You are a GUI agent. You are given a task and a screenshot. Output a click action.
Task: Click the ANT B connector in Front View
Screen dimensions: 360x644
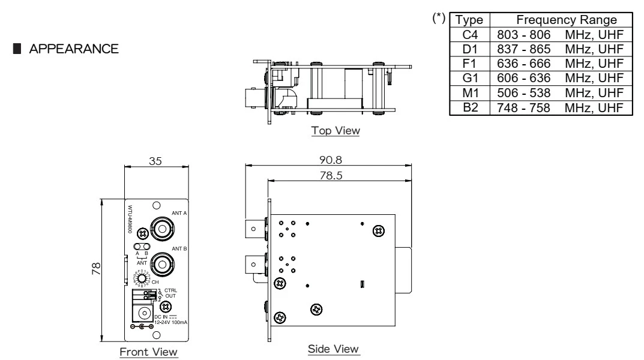point(163,263)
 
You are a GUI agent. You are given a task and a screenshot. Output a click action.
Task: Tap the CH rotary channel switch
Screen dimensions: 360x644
point(143,279)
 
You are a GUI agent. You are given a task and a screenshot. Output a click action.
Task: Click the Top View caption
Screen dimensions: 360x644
point(335,131)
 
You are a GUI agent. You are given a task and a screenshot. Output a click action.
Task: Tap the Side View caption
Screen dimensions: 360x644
point(333,349)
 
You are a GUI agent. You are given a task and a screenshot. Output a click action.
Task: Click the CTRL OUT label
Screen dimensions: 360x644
point(171,293)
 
